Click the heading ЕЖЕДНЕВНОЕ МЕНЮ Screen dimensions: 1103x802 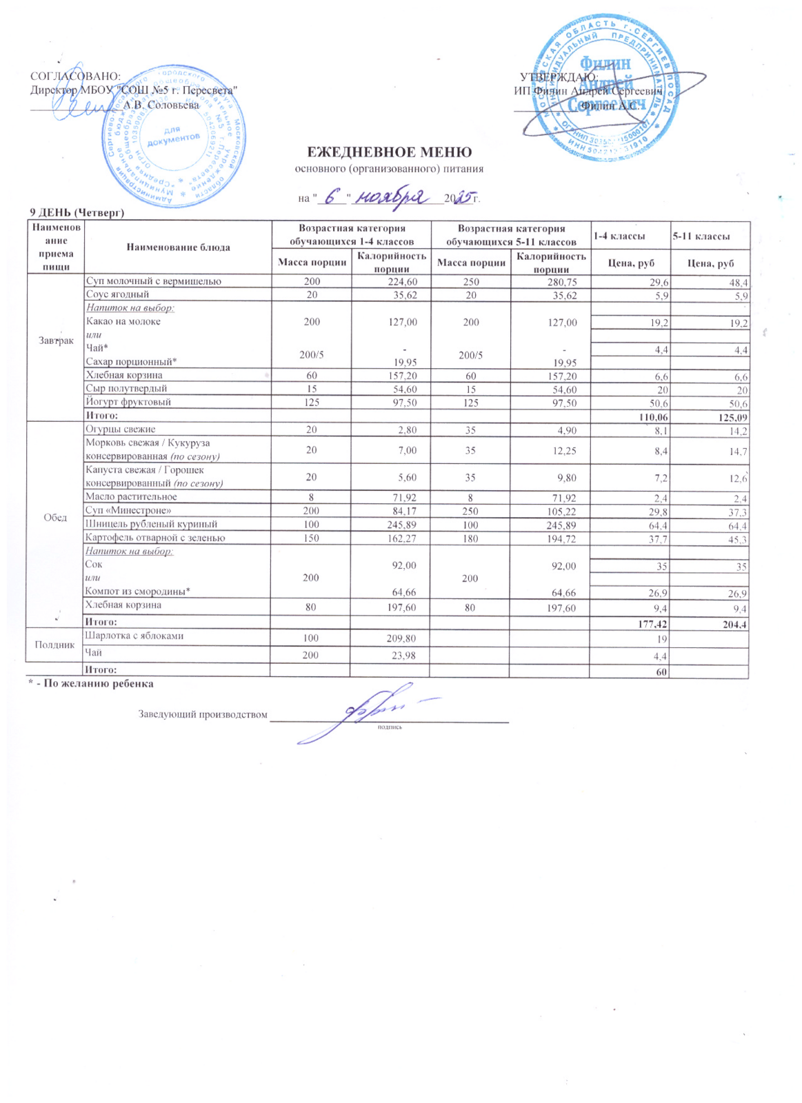389,152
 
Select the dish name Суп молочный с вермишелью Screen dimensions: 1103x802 153,281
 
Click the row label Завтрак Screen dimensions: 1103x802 56,341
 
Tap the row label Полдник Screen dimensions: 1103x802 54,645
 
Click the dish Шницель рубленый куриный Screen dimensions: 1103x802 151,525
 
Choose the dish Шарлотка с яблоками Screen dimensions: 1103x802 134,636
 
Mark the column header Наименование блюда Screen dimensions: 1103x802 177,247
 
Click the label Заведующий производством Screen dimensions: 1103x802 203,714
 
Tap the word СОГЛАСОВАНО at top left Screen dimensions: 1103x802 76,76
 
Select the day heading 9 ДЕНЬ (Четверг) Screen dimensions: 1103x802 76,212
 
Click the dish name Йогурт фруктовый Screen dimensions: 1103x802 128,402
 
